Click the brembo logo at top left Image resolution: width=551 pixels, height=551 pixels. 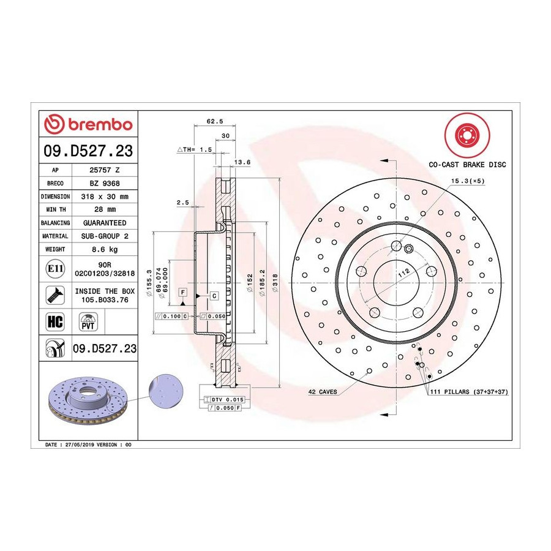(88, 124)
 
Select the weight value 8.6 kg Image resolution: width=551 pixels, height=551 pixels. (105, 250)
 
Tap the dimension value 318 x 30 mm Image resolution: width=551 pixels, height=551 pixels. (105, 197)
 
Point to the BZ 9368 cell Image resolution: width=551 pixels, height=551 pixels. (105, 184)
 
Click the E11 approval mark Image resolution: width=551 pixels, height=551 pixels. (55, 269)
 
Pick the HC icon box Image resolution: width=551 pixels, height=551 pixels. (55, 321)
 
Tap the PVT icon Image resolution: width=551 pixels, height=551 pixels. (88, 321)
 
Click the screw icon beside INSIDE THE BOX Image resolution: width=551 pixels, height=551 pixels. (55, 295)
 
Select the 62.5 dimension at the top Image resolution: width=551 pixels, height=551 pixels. (215, 121)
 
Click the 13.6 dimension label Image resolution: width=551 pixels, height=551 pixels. (242, 162)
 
